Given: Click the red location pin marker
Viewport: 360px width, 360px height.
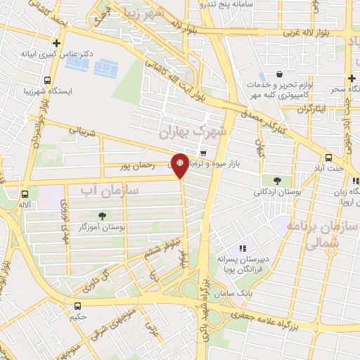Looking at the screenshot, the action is [181, 165].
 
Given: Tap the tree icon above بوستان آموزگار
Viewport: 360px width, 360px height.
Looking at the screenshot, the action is [103, 216].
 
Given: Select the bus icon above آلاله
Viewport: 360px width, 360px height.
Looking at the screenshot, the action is [25, 194].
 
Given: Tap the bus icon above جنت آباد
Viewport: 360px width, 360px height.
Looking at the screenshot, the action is [328, 157].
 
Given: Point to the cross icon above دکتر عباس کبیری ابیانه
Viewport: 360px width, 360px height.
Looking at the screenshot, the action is [56, 43].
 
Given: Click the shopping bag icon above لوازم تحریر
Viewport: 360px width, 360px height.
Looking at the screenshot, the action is [280, 74].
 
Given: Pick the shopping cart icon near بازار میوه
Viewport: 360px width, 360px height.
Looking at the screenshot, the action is [203, 153].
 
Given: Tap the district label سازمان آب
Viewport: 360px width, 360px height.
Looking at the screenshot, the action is [110, 190].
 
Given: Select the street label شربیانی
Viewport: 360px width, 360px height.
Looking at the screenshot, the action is [79, 131].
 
